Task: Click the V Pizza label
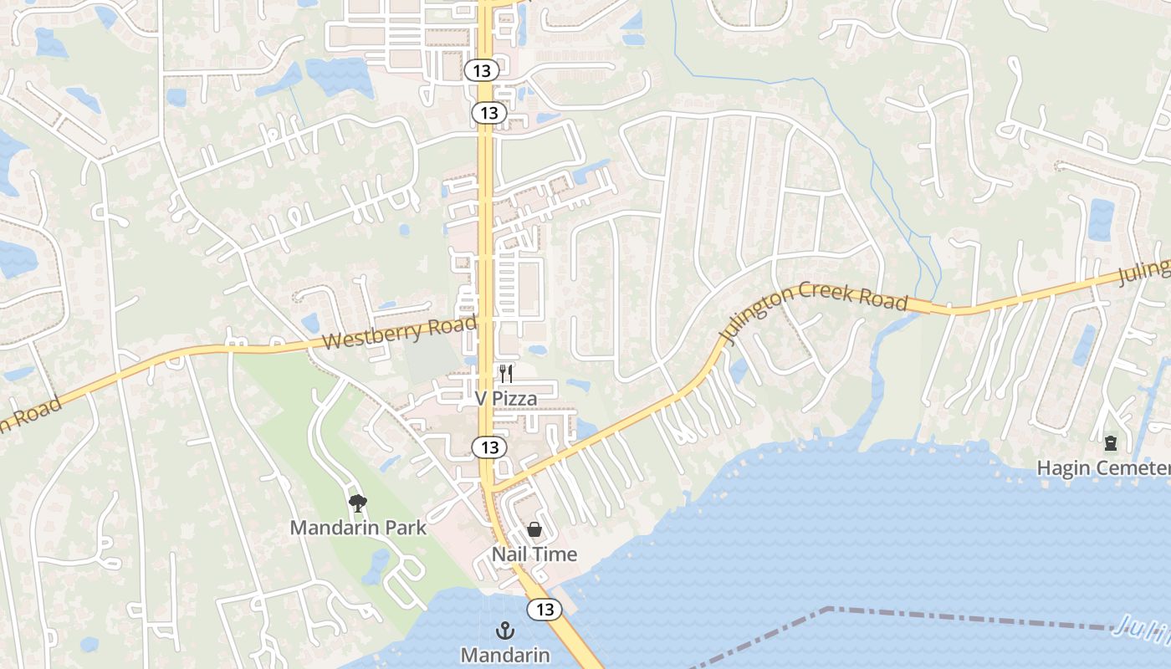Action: (x=506, y=399)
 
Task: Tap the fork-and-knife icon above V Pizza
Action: (x=506, y=373)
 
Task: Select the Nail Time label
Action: (x=534, y=554)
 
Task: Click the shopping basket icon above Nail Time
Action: (x=534, y=529)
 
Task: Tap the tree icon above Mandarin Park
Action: (x=358, y=503)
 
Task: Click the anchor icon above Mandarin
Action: (x=505, y=631)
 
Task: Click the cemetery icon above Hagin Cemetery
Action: (x=1111, y=442)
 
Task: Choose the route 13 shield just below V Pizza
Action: (x=489, y=447)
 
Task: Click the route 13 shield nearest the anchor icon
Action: (x=545, y=610)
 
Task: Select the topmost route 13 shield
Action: (x=482, y=70)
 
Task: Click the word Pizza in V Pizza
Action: (x=514, y=399)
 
